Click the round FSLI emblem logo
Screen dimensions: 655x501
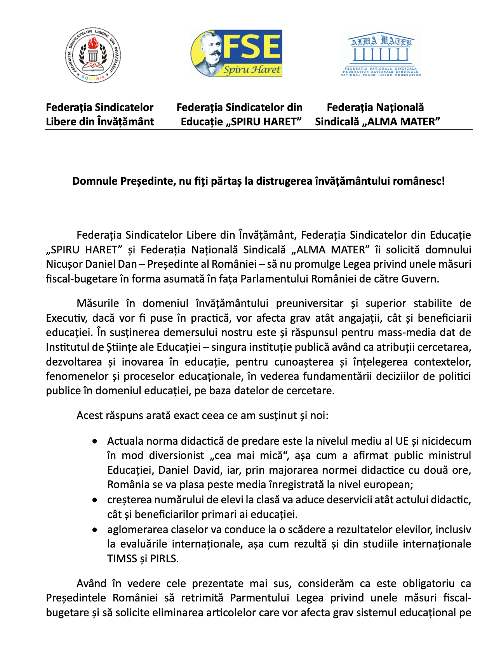(92, 55)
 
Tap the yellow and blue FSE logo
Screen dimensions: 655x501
(236, 54)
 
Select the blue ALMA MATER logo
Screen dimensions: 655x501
(381, 54)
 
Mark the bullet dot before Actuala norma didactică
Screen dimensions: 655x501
(95, 442)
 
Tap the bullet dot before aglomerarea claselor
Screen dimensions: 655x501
(95, 530)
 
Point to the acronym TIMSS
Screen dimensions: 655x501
(122, 559)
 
